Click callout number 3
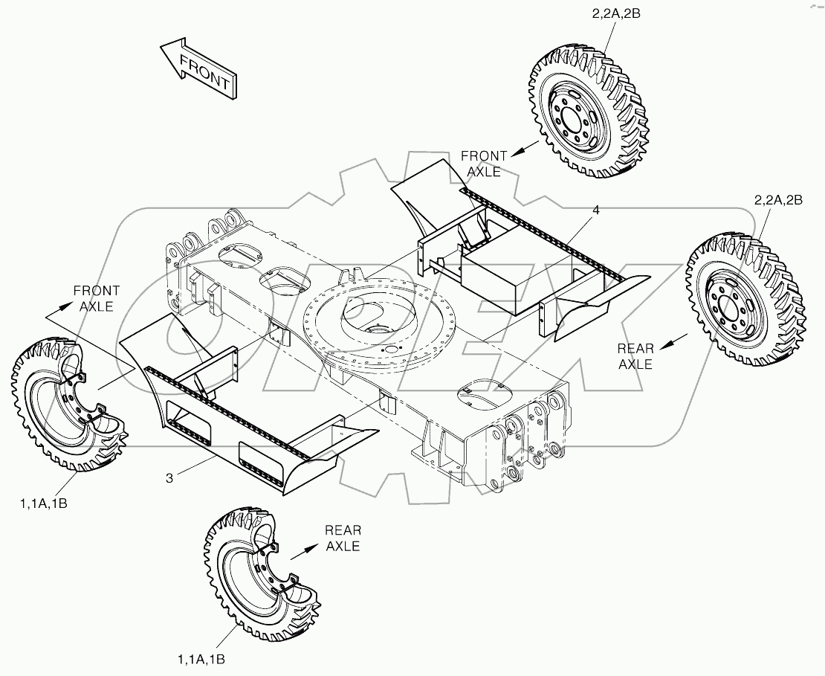[x=169, y=478]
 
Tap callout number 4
[x=595, y=210]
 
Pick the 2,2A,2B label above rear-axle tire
[x=778, y=200]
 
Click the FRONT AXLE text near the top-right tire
[x=484, y=164]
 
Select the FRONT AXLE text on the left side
[x=96, y=298]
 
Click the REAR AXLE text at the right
[x=635, y=356]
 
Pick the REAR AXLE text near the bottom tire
[x=343, y=538]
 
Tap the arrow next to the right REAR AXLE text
[x=673, y=341]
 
